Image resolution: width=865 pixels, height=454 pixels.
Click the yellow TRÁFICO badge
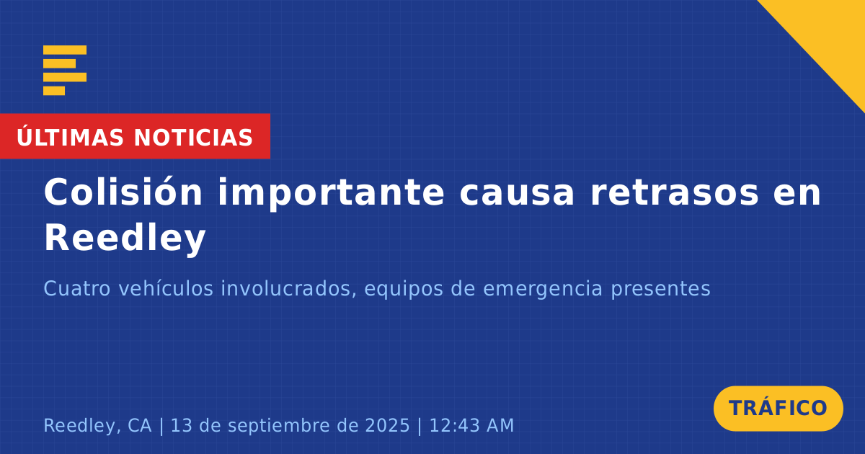tap(778, 409)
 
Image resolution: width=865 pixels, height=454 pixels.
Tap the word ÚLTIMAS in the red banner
tap(70, 136)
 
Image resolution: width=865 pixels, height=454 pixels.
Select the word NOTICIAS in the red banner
tap(193, 138)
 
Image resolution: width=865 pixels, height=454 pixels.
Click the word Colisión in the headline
tap(123, 192)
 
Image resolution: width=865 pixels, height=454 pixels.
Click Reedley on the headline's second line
tap(125, 239)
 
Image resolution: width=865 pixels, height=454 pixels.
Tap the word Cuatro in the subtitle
tap(77, 288)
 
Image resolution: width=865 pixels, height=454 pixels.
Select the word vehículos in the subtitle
tap(166, 288)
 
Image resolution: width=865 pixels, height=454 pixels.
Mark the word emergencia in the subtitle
tap(543, 290)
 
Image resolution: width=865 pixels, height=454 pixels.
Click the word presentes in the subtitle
tap(660, 290)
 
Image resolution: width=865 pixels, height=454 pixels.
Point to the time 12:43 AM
tap(471, 425)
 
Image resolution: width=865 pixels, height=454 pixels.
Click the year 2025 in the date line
tap(387, 425)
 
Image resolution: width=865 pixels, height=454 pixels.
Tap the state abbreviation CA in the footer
tap(139, 425)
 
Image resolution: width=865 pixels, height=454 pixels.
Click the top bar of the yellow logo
tap(65, 50)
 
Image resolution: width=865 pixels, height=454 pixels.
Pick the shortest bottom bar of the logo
tap(54, 91)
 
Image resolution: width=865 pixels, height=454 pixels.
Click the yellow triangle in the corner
tap(830, 35)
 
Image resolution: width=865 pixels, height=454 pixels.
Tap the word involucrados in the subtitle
tap(288, 289)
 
